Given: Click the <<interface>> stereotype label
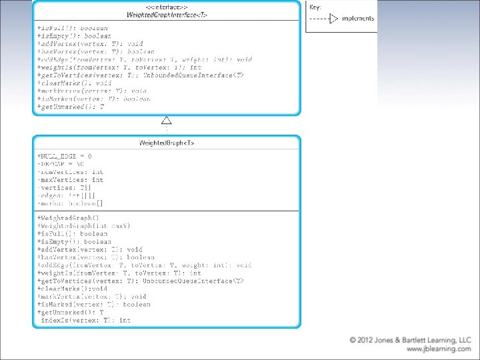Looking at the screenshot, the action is tap(167, 7).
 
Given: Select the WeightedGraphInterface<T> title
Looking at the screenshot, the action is tap(167, 15).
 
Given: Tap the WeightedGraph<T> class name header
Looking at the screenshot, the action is tap(167, 143).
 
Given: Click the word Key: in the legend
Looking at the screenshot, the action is tap(315, 7).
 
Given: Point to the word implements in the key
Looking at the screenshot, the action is tap(358, 19).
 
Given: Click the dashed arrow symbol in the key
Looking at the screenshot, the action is tap(325, 19).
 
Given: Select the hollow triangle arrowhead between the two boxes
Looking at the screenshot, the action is tap(167, 121).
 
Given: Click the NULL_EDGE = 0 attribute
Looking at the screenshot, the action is tap(65, 156).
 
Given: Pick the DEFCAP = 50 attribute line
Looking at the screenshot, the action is tap(61, 164).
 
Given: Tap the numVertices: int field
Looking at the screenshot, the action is tap(71, 172).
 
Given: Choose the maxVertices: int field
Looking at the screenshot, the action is tap(71, 180).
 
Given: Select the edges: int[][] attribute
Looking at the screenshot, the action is tap(67, 195).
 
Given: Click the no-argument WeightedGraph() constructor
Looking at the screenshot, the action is tap(69, 218).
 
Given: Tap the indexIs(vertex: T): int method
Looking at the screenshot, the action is tap(85, 321).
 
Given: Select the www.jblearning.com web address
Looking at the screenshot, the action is tap(438, 349).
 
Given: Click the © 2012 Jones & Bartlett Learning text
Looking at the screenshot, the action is tap(411, 340).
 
